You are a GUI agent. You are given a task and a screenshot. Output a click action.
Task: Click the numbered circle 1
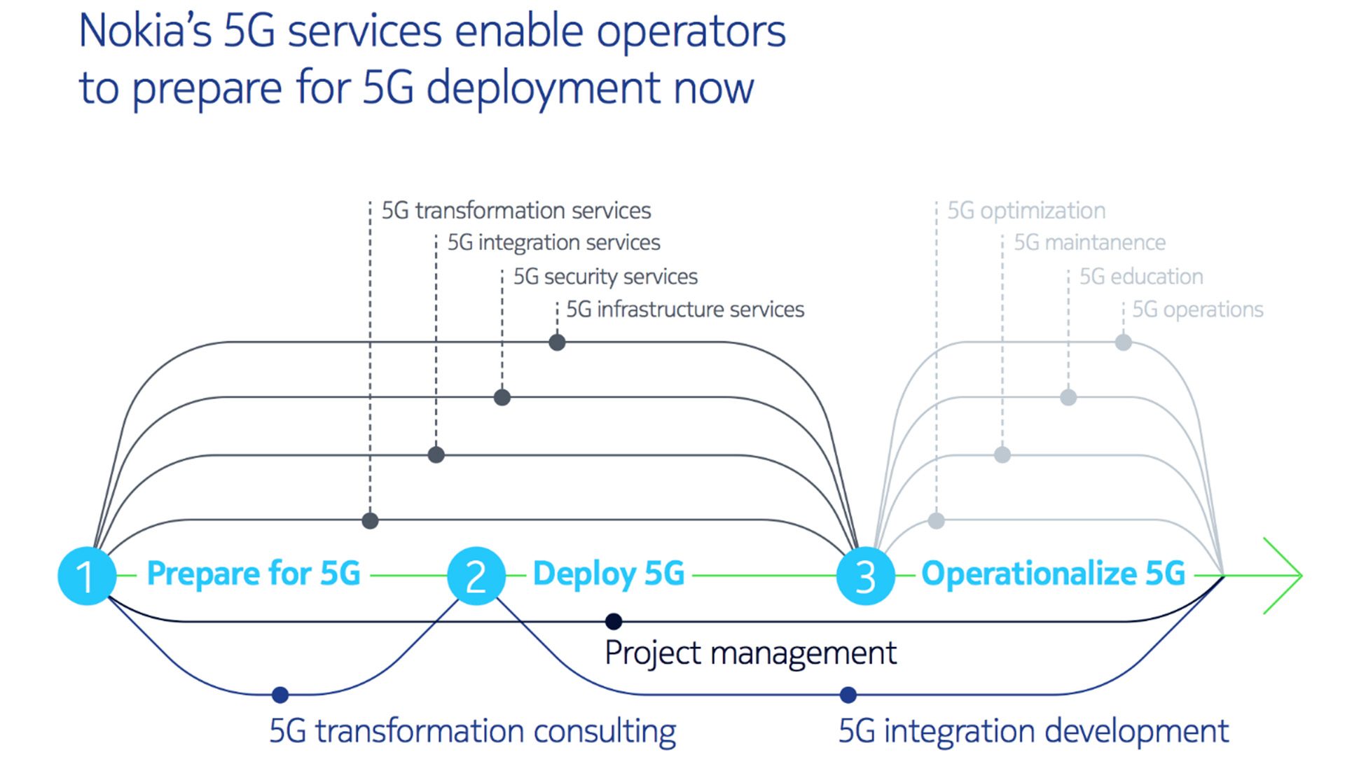(x=87, y=576)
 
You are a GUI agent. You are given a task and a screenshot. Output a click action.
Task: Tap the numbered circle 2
(x=476, y=576)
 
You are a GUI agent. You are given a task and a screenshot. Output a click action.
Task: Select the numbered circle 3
(x=866, y=576)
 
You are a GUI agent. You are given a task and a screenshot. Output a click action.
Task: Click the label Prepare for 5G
(x=254, y=574)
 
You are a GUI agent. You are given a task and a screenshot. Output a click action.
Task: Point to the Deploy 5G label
(x=609, y=574)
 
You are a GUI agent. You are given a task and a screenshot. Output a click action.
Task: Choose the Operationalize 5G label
(x=1054, y=574)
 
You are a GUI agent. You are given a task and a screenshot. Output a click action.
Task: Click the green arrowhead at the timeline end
(x=1283, y=576)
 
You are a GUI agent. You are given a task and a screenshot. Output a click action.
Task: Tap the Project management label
(x=750, y=653)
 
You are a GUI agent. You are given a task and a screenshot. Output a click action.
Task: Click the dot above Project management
(x=614, y=621)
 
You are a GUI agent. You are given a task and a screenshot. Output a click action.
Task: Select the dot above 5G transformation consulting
(x=280, y=695)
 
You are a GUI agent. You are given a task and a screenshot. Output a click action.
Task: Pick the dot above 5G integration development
(x=848, y=695)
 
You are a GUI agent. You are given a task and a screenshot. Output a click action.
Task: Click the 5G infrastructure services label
(x=685, y=310)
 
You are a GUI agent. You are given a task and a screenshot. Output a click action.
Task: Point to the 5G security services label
(x=605, y=277)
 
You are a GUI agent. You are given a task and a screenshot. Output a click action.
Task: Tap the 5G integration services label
(x=553, y=243)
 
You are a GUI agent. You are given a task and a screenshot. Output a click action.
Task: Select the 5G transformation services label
(x=516, y=211)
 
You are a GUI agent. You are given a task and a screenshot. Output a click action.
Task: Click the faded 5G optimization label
(x=1026, y=211)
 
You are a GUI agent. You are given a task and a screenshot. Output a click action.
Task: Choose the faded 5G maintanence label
(x=1089, y=243)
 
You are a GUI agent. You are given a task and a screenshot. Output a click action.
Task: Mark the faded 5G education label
(x=1141, y=277)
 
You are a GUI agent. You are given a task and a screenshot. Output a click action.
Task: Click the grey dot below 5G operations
(x=1123, y=342)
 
